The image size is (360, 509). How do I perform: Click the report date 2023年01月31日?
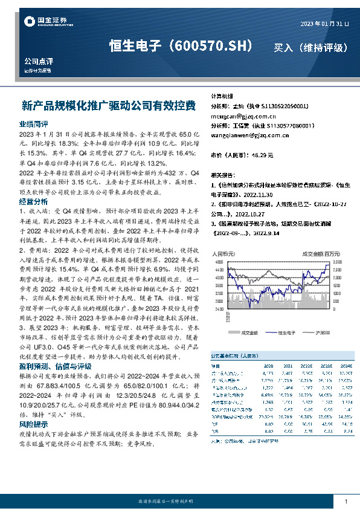pos(324,24)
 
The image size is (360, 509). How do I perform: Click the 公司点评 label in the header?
pos(39,62)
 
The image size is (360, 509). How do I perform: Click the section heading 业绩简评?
pos(34,123)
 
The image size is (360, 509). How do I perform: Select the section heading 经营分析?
pos(34,201)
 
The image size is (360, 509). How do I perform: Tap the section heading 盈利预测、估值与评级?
pos(56,366)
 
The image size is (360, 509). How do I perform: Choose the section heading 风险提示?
pos(34,408)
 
